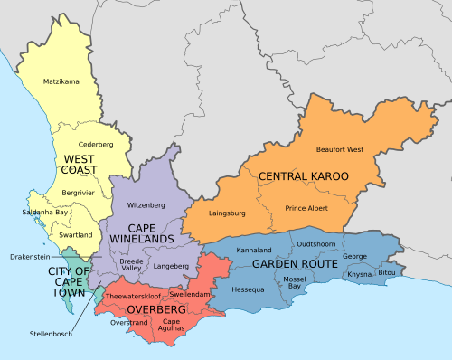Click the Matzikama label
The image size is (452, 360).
pyautogui.click(x=61, y=82)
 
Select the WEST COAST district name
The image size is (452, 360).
pyautogui.click(x=80, y=164)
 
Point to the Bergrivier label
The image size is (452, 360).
pyautogui.click(x=80, y=194)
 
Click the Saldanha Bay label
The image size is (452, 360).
pyautogui.click(x=44, y=213)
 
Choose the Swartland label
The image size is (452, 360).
pyautogui.click(x=75, y=234)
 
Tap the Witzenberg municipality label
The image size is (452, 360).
pyautogui.click(x=146, y=205)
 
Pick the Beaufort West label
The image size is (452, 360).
pyautogui.click(x=341, y=149)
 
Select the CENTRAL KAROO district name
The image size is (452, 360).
pyautogui.click(x=303, y=175)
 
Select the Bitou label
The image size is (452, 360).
pyautogui.click(x=387, y=272)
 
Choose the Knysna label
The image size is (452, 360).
pyautogui.click(x=359, y=273)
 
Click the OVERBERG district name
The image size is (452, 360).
pyautogui.click(x=156, y=309)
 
